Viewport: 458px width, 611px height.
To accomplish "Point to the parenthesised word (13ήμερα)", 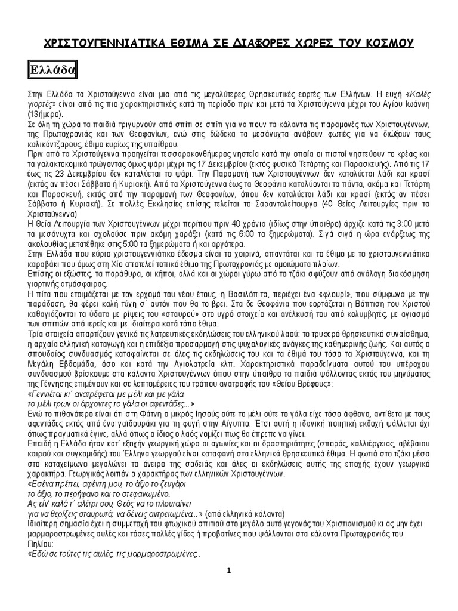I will pyautogui.click(x=44, y=112).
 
